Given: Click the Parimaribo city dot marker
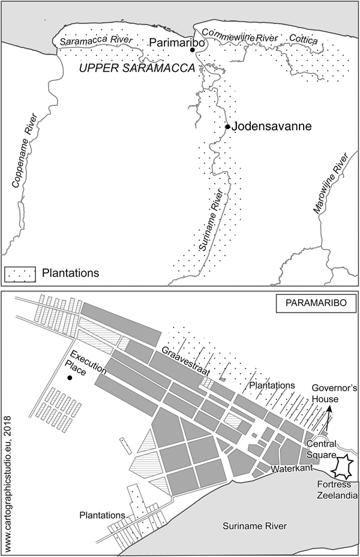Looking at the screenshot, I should pos(193,50).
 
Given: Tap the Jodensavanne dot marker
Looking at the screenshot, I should pos(227,127).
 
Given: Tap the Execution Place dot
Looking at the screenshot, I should pos(70,378).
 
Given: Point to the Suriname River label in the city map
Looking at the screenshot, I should pos(254,526).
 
